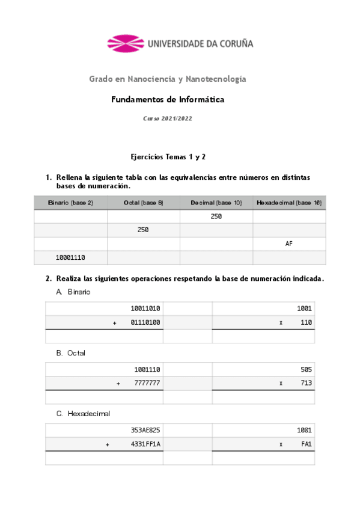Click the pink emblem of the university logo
126,43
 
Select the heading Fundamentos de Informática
168,100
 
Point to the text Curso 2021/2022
167,119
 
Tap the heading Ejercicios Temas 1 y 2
168,156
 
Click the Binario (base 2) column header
70,203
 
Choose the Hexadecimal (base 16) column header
289,203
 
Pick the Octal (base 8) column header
144,203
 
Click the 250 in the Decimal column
216,217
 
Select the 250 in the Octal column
143,230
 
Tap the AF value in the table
289,244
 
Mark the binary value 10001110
70,257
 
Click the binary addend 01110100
145,323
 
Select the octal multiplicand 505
305,369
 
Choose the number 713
305,383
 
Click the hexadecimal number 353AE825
145,431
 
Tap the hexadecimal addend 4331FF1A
145,444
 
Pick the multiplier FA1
305,444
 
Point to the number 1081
304,431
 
